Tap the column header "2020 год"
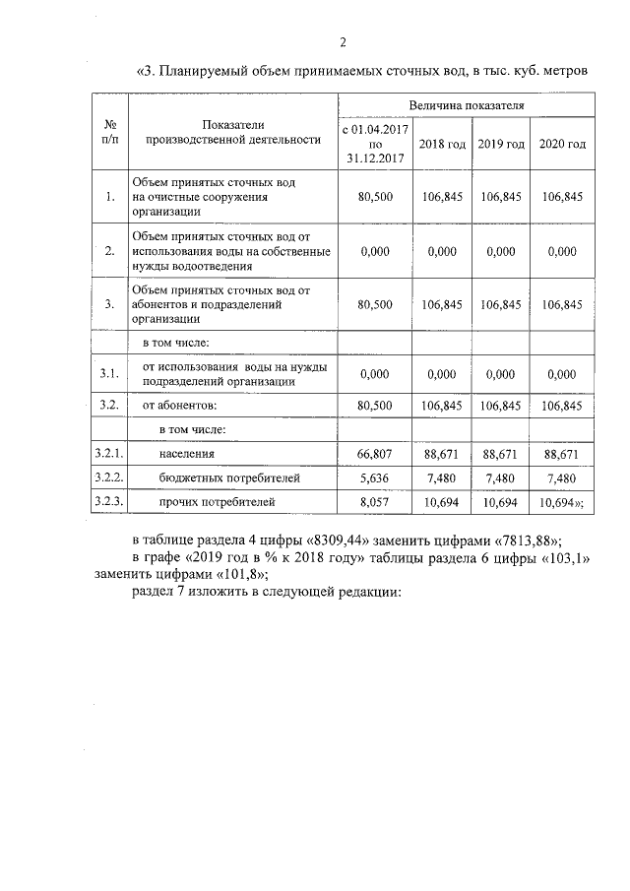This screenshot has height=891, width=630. click(561, 144)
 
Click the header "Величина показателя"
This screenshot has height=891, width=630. click(466, 103)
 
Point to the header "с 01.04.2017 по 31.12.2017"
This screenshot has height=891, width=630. click(373, 144)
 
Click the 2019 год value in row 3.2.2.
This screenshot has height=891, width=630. click(500, 478)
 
